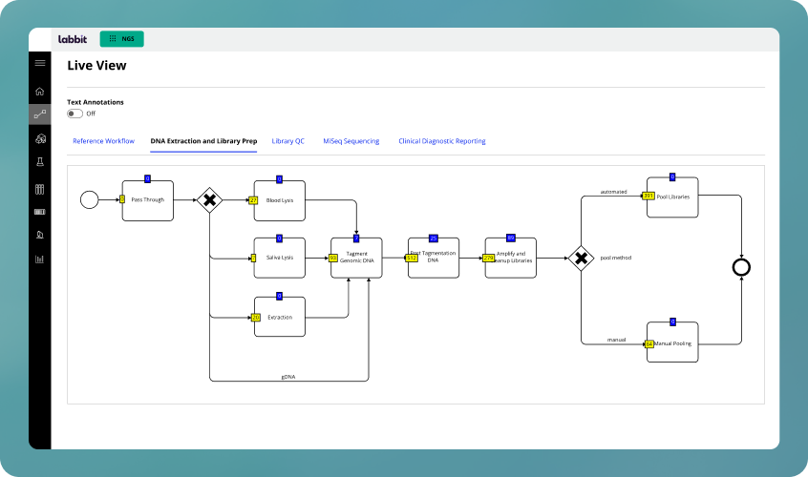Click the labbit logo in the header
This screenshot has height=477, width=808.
point(73,39)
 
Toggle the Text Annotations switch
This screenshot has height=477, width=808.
point(74,114)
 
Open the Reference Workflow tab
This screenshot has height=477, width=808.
point(103,141)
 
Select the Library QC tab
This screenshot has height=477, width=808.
point(287,141)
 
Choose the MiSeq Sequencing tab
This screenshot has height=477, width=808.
point(351,141)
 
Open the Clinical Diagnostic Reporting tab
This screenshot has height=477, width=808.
point(441,141)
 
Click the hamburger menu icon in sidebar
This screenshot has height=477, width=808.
point(39,63)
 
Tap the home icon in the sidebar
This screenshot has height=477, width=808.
point(39,92)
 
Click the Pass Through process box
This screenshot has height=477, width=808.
point(148,200)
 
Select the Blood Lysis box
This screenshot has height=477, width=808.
point(279,200)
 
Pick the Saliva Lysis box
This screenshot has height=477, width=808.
point(279,258)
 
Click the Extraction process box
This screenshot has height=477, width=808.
point(279,317)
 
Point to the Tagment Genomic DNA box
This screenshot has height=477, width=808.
point(356,258)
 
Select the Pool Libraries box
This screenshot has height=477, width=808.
point(672,197)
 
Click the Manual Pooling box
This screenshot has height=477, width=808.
point(672,342)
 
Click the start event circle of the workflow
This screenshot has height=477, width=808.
point(89,199)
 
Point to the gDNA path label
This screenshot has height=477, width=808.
point(287,376)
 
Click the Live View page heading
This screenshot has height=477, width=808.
point(96,66)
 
